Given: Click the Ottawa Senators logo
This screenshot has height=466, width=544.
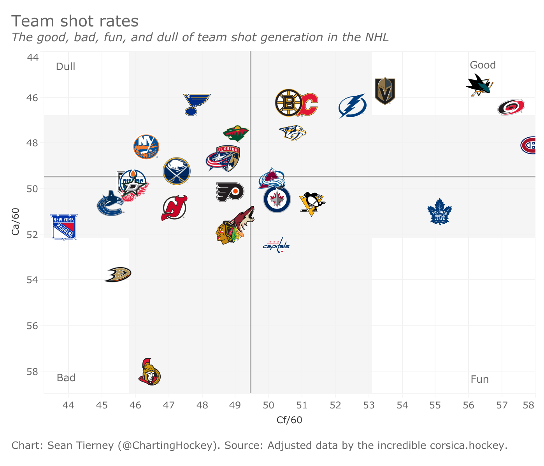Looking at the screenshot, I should click(x=149, y=372).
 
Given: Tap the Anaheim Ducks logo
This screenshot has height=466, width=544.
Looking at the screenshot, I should click(x=118, y=274).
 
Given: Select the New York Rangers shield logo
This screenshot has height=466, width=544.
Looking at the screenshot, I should click(x=64, y=227).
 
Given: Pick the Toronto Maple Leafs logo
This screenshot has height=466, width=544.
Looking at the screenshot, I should click(x=439, y=212).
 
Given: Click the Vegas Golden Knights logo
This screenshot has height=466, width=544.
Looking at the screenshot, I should click(x=385, y=91).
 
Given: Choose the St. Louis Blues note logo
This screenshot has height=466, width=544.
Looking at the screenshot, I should click(x=197, y=104).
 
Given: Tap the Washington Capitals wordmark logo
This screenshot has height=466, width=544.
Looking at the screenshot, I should click(x=277, y=245).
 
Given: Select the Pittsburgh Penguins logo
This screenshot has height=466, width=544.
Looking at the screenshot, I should click(x=312, y=203).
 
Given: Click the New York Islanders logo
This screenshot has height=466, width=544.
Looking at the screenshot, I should click(x=146, y=147).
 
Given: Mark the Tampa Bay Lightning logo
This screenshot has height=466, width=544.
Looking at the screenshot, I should click(x=352, y=106).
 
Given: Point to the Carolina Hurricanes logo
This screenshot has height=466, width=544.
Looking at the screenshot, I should click(x=511, y=107).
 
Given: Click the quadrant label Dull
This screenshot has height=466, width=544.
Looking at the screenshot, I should click(x=65, y=67).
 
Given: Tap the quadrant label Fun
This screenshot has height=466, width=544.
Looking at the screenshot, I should click(x=479, y=379).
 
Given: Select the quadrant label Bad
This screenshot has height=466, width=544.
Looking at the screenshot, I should click(x=66, y=378).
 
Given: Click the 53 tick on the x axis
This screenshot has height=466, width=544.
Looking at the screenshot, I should click(x=369, y=405).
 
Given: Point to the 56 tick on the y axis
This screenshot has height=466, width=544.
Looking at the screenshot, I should click(x=33, y=326).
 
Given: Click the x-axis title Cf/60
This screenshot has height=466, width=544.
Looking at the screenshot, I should click(x=289, y=420).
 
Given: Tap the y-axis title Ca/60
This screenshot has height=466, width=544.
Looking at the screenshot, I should click(x=16, y=222).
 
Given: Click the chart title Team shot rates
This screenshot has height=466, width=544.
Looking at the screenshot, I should click(x=75, y=21).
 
